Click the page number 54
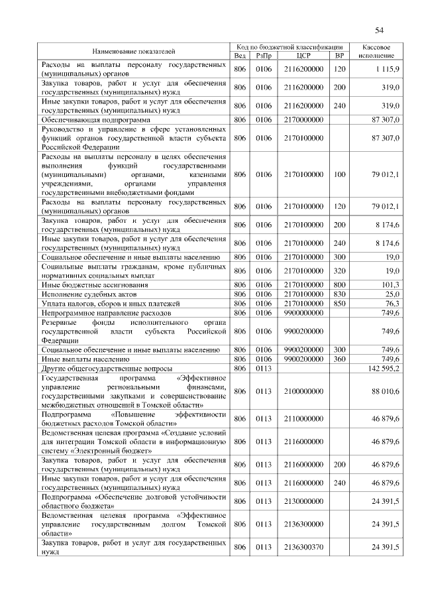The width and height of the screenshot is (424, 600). pyautogui.click(x=380, y=30)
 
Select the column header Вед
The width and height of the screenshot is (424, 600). pyautogui.click(x=240, y=55)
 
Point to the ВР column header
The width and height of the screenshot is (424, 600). pyautogui.click(x=339, y=55)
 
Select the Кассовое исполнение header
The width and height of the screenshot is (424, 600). pyautogui.click(x=377, y=51)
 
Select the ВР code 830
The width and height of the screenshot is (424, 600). pyautogui.click(x=339, y=293)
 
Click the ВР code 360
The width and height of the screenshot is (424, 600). pyautogui.click(x=339, y=358)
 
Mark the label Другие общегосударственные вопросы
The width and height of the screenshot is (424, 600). pyautogui.click(x=107, y=367)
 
